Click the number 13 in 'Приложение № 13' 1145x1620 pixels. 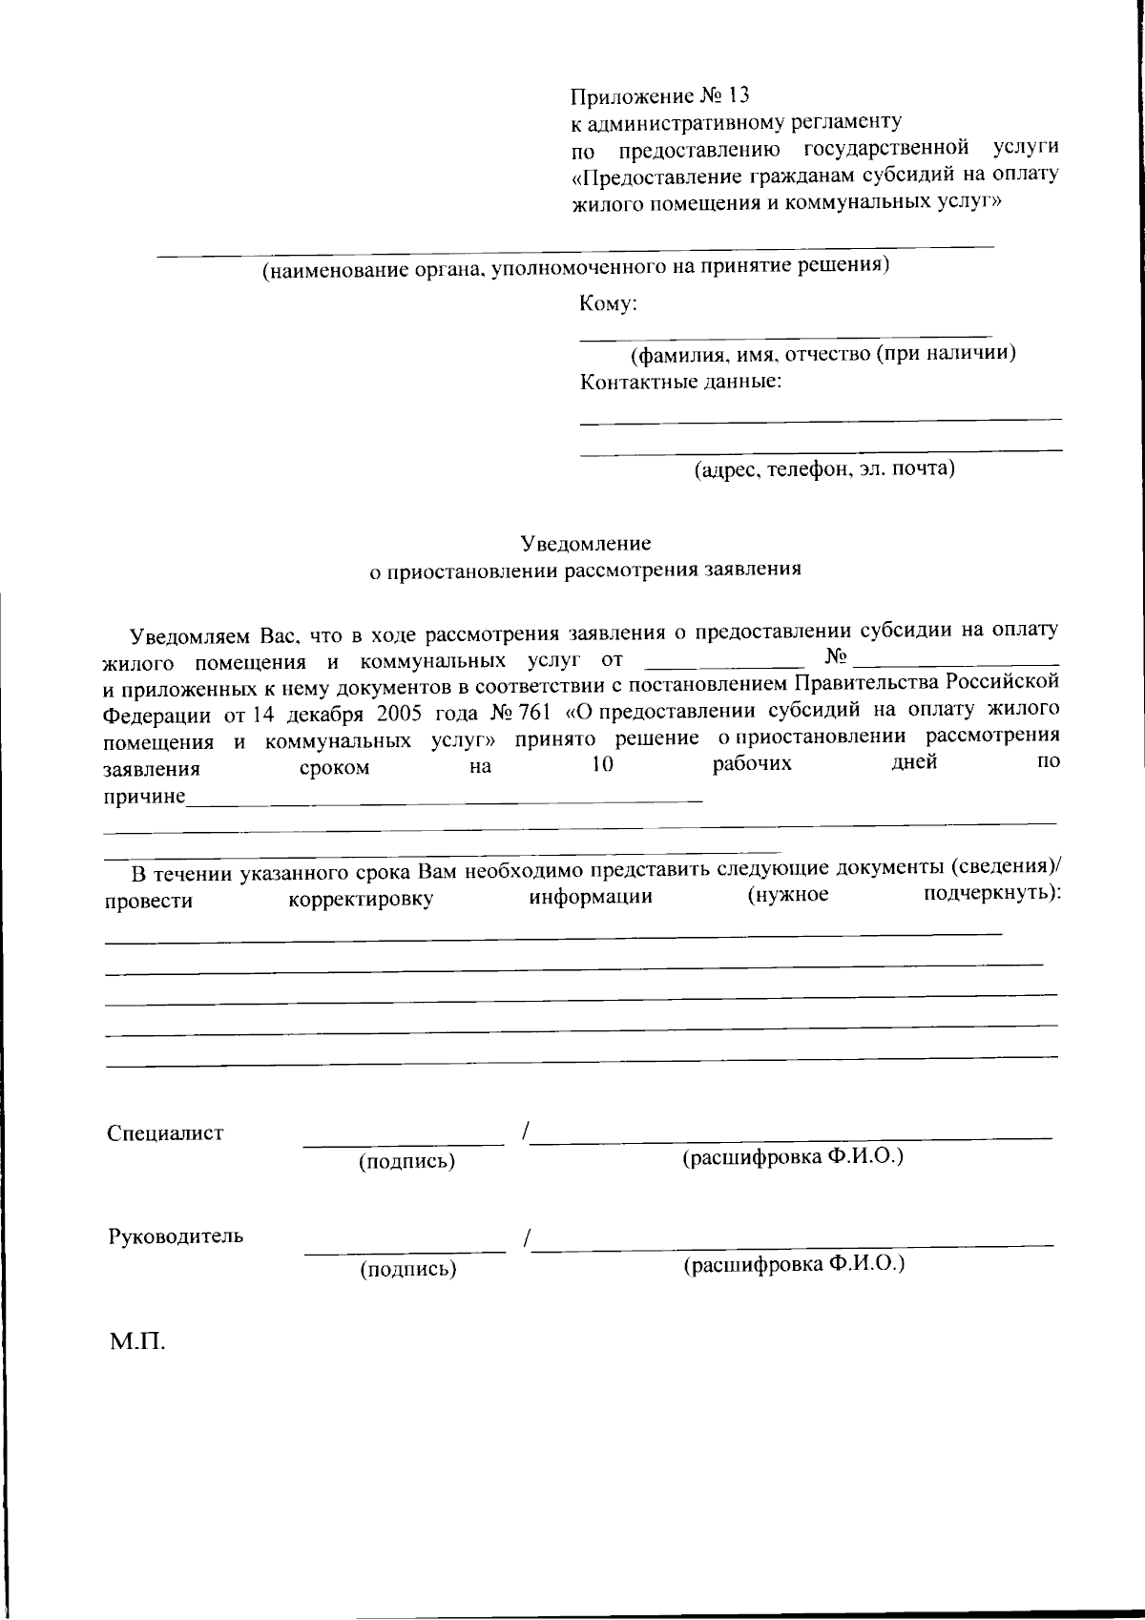pyautogui.click(x=738, y=95)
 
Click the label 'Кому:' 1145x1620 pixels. pyautogui.click(x=608, y=304)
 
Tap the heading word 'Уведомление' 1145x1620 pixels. pyautogui.click(x=586, y=544)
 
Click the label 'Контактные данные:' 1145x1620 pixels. pyautogui.click(x=681, y=383)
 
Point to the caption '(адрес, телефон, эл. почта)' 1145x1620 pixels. pyautogui.click(x=824, y=468)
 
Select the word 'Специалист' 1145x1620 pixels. pyautogui.click(x=166, y=1133)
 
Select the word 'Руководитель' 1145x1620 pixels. pyautogui.click(x=176, y=1236)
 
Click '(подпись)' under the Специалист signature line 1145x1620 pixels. pyautogui.click(x=406, y=1162)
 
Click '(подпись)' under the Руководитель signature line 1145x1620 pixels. pyautogui.click(x=407, y=1269)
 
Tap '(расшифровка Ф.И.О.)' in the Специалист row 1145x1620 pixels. pyautogui.click(x=793, y=1157)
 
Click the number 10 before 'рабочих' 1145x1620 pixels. pyautogui.click(x=602, y=765)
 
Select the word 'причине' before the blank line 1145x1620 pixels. pyautogui.click(x=144, y=796)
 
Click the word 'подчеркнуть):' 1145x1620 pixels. pyautogui.click(x=992, y=895)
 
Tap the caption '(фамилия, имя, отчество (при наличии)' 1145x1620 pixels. pyautogui.click(x=822, y=354)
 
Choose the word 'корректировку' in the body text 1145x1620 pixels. pyautogui.click(x=361, y=900)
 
